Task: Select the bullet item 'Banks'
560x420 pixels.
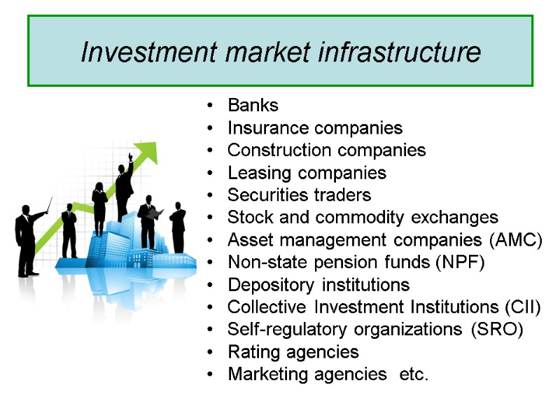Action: point(253,106)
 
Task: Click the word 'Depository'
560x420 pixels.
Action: point(272,285)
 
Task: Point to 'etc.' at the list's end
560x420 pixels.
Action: point(412,374)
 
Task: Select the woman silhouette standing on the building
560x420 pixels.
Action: point(99,206)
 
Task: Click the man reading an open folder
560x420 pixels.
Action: point(148,220)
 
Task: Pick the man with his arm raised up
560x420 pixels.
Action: point(125,185)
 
